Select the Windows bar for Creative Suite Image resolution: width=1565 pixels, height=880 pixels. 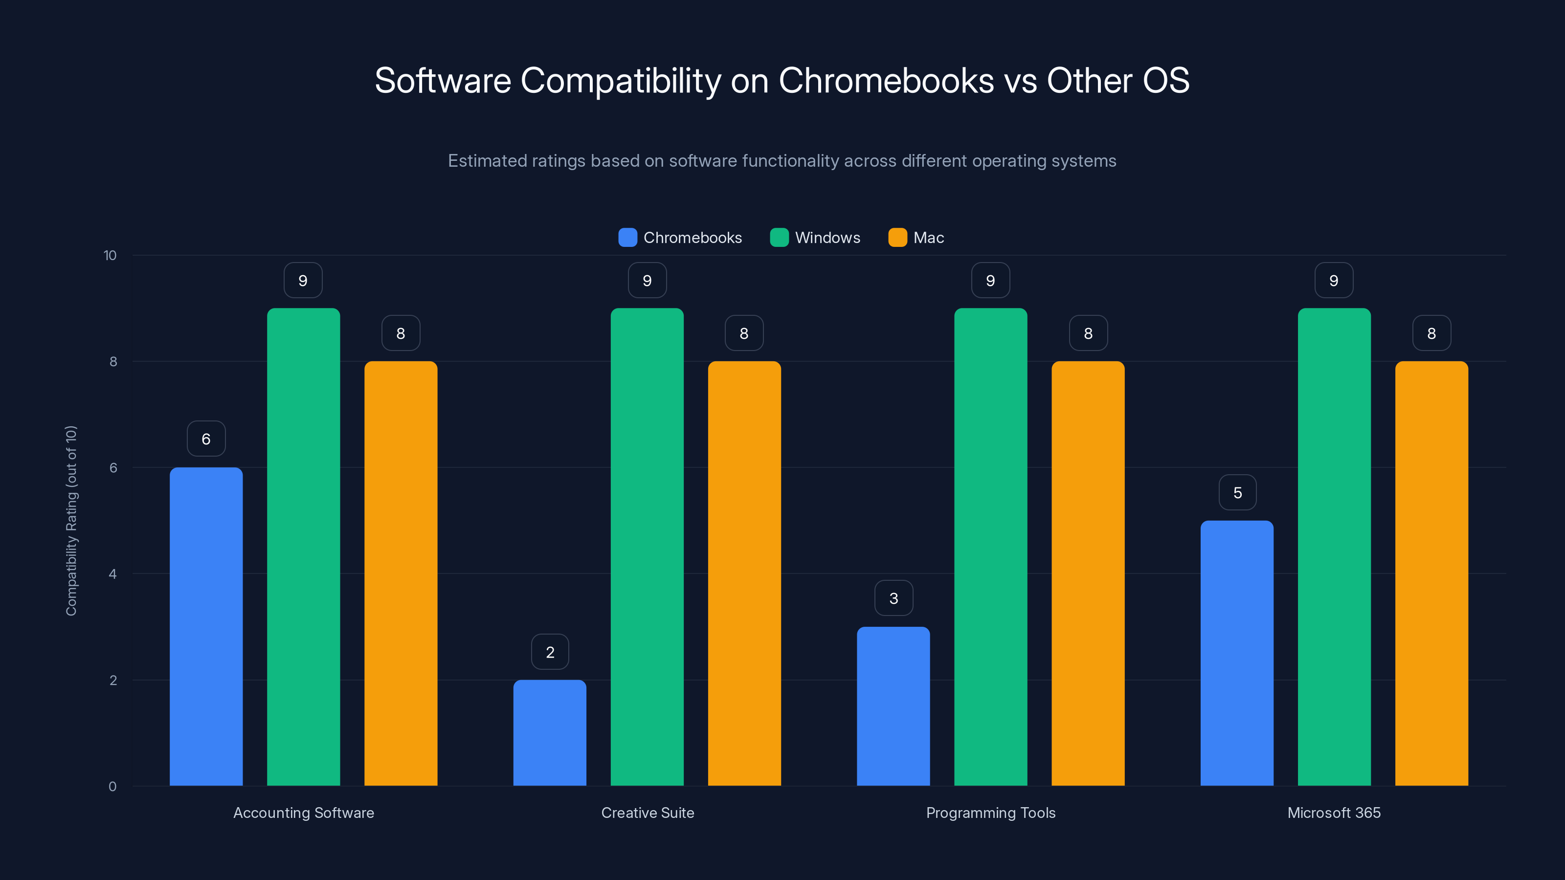click(647, 547)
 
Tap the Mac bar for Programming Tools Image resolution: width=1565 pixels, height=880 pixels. click(1088, 573)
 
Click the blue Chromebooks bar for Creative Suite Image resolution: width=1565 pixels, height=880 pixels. click(550, 732)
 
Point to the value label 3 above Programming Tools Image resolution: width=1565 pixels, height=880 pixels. click(894, 598)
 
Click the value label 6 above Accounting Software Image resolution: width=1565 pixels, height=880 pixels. click(206, 439)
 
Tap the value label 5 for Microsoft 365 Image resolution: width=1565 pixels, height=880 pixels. click(1237, 492)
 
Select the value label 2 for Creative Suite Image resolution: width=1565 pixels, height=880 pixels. click(550, 652)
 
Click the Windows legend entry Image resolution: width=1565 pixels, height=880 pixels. click(815, 238)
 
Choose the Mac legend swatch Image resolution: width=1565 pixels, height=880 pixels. click(897, 238)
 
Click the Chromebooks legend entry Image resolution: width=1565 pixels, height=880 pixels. click(680, 238)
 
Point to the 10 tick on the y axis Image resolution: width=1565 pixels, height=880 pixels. click(110, 255)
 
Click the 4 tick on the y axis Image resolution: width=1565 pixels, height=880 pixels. click(112, 574)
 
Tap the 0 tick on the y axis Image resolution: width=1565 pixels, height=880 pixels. click(112, 787)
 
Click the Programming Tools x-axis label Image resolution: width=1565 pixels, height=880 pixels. click(990, 813)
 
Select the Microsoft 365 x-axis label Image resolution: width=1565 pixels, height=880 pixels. click(1334, 813)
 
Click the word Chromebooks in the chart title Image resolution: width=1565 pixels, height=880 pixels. click(886, 81)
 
